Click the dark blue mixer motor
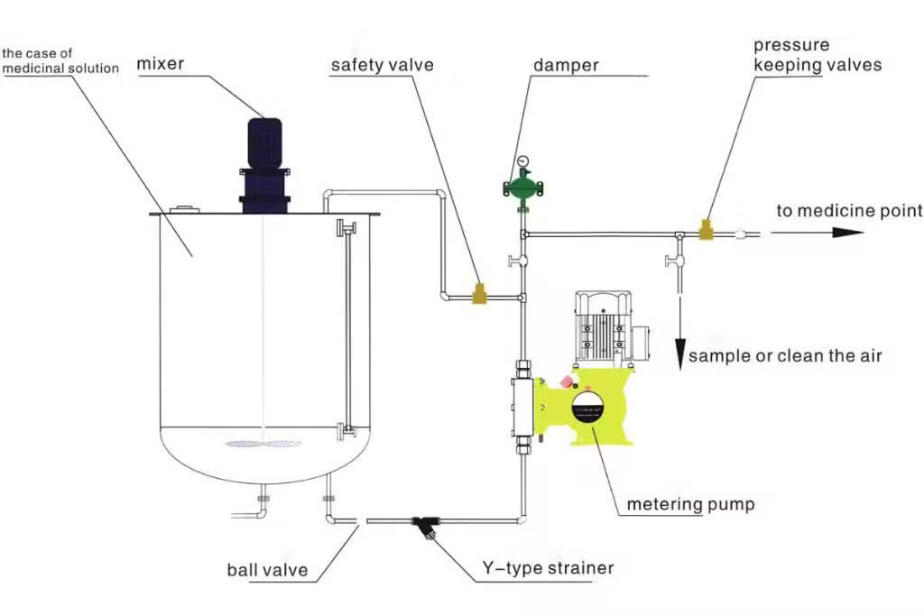tap(264, 165)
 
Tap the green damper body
tap(522, 188)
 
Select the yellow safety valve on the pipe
tap(481, 293)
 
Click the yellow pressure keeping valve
tap(706, 230)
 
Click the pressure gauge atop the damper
tap(522, 161)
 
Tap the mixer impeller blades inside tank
tap(263, 443)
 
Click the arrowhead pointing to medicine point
tap(848, 233)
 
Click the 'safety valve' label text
tap(382, 65)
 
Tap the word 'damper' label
tap(566, 65)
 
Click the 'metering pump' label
tap(690, 504)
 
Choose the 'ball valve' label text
tap(267, 570)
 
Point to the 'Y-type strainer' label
tap(548, 568)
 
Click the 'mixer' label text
tap(161, 64)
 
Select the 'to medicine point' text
tap(849, 210)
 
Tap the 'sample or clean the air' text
tap(785, 356)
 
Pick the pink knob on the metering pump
tap(567, 381)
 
